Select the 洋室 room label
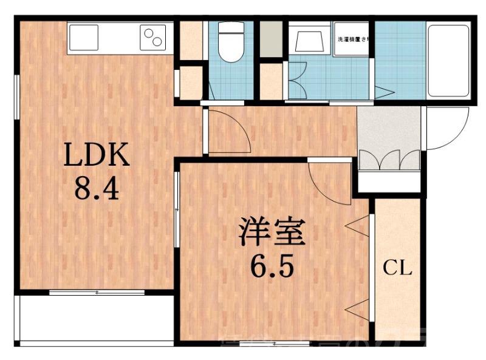tap(270, 234)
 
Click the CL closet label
tap(398, 267)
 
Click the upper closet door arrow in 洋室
tap(359, 228)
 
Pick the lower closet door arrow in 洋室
tap(359, 307)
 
